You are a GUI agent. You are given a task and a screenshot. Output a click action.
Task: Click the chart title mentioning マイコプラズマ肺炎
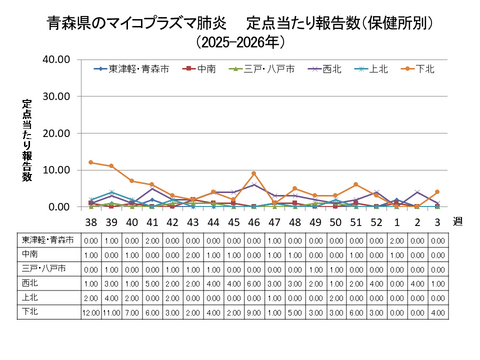[x=240, y=21]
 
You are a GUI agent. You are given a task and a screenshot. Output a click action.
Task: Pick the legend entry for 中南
[x=202, y=69]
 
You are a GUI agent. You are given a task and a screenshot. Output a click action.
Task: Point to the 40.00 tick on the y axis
[x=56, y=60]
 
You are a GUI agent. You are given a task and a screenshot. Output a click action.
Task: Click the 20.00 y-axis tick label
[x=56, y=133]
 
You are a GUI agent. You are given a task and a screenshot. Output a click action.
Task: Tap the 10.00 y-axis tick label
[x=56, y=170]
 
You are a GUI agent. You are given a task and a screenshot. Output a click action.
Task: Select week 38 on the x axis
[x=91, y=222]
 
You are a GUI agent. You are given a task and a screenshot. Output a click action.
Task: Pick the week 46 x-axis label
[x=254, y=222]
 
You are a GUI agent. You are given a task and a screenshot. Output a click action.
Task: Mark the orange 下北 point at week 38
[x=91, y=162]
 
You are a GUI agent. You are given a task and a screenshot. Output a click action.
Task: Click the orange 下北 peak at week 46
[x=254, y=174]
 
